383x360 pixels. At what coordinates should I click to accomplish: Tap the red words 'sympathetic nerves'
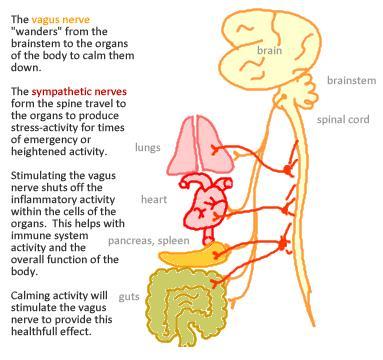pos(72,90)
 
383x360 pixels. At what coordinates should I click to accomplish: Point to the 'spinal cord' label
pos(343,119)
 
